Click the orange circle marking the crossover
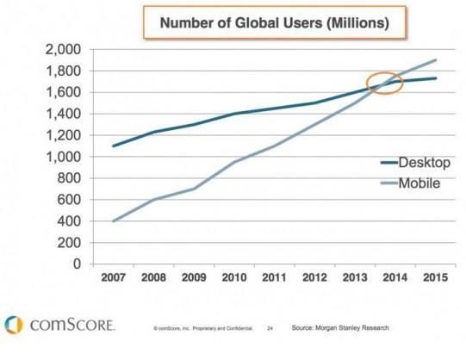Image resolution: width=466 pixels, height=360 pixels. click(x=385, y=84)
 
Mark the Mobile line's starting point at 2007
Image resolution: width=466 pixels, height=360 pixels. click(x=113, y=221)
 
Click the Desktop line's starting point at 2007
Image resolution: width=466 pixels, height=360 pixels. click(x=113, y=146)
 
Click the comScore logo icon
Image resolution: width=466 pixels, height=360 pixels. click(x=12, y=325)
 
